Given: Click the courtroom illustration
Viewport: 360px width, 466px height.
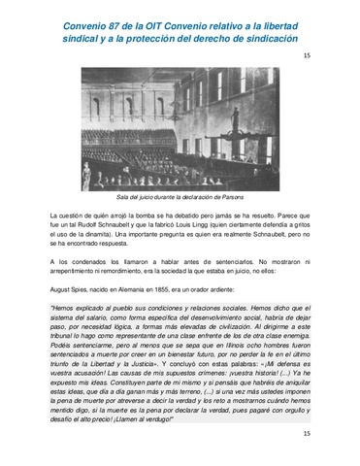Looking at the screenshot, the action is pyautogui.click(x=180, y=126).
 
